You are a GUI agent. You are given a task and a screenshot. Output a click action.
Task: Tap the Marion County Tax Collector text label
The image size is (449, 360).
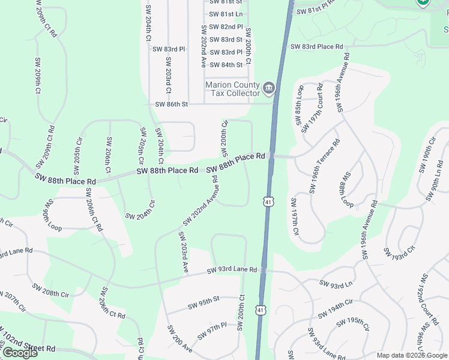(233, 89)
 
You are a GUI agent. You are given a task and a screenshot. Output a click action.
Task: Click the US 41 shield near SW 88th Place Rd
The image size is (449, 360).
(267, 200)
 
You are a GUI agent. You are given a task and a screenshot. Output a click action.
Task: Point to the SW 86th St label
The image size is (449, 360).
(172, 104)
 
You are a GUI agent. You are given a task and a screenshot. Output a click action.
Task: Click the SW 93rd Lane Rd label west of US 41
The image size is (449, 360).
(232, 271)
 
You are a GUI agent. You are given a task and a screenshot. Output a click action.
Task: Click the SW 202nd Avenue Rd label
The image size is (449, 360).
(200, 202)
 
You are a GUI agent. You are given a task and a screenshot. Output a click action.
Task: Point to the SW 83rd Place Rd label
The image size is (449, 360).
(316, 46)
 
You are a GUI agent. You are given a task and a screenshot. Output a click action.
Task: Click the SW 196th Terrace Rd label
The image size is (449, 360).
(325, 166)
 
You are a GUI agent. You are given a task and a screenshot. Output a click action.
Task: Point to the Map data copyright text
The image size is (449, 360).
(412, 356)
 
